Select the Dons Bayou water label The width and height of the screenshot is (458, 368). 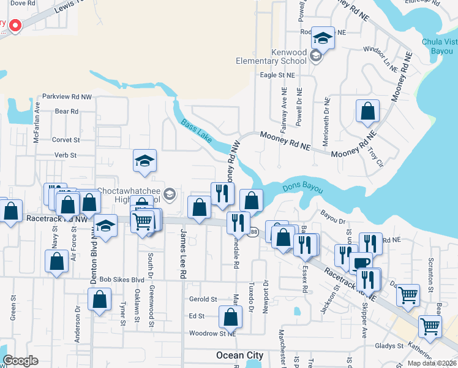302,188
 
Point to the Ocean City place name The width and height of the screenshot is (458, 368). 239,356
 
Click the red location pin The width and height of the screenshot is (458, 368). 14,26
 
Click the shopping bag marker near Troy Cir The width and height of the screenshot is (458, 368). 367,112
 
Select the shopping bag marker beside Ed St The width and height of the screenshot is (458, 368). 230,318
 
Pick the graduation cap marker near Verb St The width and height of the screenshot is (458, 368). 145,161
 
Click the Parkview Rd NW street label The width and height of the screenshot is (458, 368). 67,97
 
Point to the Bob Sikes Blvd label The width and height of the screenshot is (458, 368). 121,279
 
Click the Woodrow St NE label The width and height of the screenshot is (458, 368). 212,334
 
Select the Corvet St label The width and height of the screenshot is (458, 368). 66,140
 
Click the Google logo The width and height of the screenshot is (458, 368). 20,361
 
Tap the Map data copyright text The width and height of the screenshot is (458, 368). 432,363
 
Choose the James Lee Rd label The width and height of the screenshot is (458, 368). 182,255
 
